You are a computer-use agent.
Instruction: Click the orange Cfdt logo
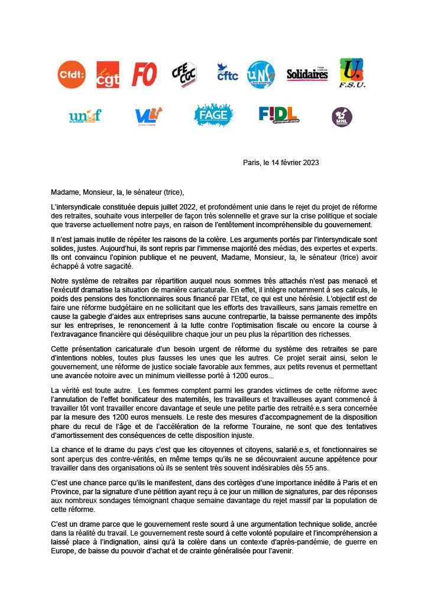72,75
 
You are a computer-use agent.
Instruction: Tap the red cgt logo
108,75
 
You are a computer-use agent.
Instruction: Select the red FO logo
144,75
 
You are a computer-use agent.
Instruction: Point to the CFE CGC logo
184,75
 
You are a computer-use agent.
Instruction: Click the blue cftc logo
226,73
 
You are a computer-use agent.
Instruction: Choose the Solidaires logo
307,75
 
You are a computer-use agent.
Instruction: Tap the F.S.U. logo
352,73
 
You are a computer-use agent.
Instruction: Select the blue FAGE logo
213,115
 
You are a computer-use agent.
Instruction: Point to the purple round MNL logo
342,117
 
